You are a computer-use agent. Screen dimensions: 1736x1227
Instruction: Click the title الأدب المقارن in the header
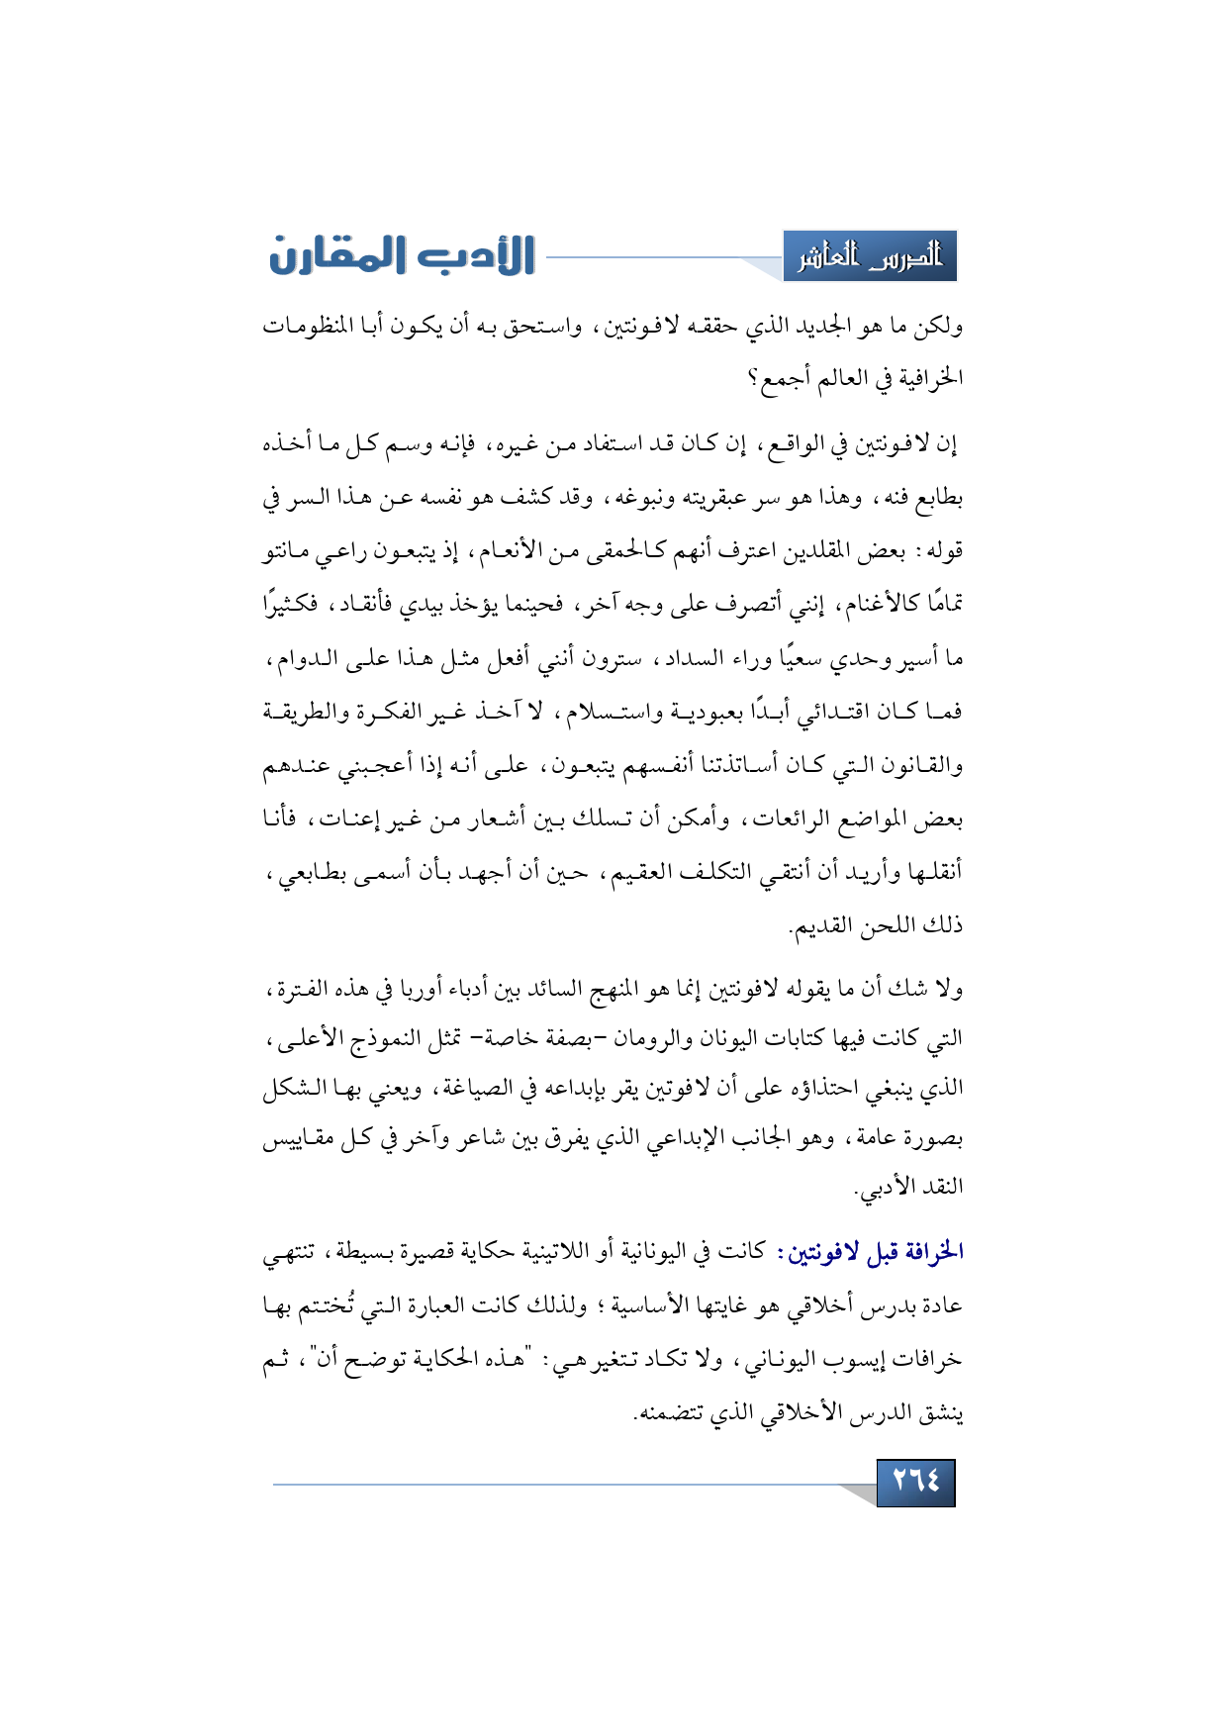[x=402, y=255]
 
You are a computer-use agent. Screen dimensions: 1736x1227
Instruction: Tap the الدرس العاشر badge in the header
[x=870, y=257]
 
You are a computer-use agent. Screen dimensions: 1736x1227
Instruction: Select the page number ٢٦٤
[x=915, y=1482]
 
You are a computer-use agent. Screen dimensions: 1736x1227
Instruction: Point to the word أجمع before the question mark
[x=788, y=378]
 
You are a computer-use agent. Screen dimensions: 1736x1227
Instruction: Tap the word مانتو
[x=288, y=549]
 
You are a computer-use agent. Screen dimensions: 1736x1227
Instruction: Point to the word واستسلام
[x=597, y=711]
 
